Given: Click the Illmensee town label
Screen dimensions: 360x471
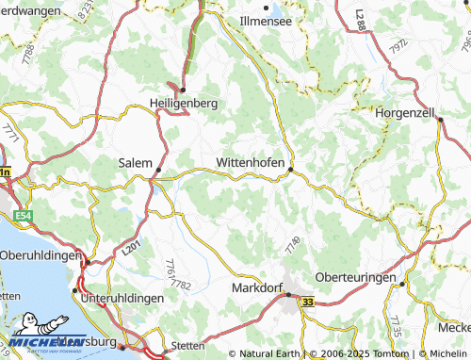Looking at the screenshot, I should click(265, 19).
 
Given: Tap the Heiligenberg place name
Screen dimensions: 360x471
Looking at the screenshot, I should click(184, 101).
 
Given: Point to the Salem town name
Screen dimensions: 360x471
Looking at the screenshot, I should click(135, 162).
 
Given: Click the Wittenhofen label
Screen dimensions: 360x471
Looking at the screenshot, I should click(251, 162).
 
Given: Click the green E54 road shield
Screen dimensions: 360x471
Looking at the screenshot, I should click(24, 217).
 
